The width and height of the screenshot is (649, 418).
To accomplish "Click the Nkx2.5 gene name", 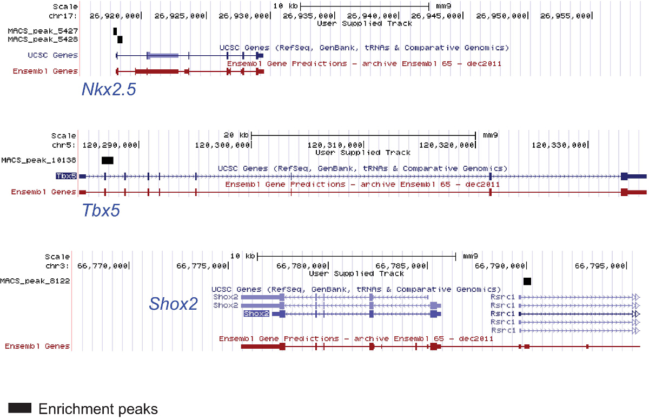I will click(x=108, y=89).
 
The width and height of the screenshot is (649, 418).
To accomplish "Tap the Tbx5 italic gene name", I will click(x=101, y=210).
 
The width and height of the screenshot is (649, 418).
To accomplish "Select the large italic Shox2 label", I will click(x=173, y=304).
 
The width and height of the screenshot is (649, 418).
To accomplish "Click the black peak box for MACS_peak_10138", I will click(x=107, y=160).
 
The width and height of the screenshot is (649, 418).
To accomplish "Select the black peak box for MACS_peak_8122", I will click(x=527, y=281).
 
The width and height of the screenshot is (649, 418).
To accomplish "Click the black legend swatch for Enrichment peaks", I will click(x=20, y=408).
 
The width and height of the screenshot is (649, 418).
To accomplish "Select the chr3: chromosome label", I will click(x=58, y=265).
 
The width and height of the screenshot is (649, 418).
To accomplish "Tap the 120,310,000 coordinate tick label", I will click(x=335, y=145).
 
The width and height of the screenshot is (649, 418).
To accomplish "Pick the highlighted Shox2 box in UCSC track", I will click(x=256, y=313).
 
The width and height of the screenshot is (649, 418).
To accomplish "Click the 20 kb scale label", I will click(x=236, y=135).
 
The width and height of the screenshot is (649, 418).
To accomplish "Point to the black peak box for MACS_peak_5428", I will click(x=120, y=39).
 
